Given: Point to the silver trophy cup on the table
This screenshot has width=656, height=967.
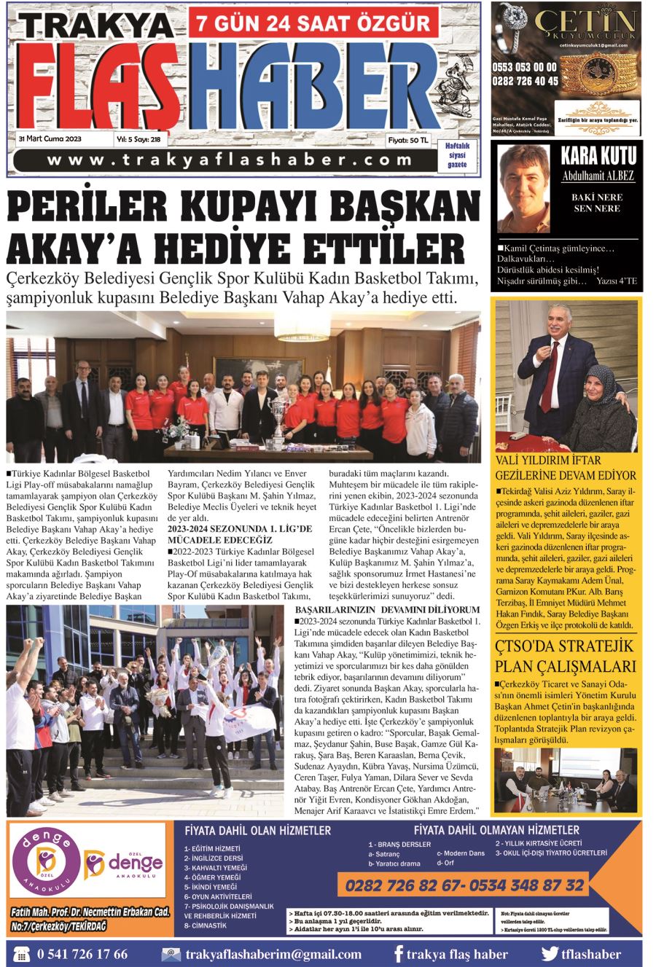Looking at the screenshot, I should (x=277, y=417).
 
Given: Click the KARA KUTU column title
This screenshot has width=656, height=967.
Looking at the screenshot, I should (x=598, y=155).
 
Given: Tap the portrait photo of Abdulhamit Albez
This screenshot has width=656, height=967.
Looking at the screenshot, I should (x=523, y=189).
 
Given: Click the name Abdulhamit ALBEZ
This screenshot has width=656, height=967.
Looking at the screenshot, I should (x=598, y=176).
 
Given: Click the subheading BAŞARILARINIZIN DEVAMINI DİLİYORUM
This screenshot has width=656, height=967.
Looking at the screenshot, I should (x=387, y=609).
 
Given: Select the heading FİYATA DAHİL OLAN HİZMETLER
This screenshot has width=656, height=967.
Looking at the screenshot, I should (x=258, y=830).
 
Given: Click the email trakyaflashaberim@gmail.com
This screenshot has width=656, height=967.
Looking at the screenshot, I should (x=273, y=954).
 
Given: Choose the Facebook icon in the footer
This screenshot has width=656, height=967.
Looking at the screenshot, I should (x=398, y=954).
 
